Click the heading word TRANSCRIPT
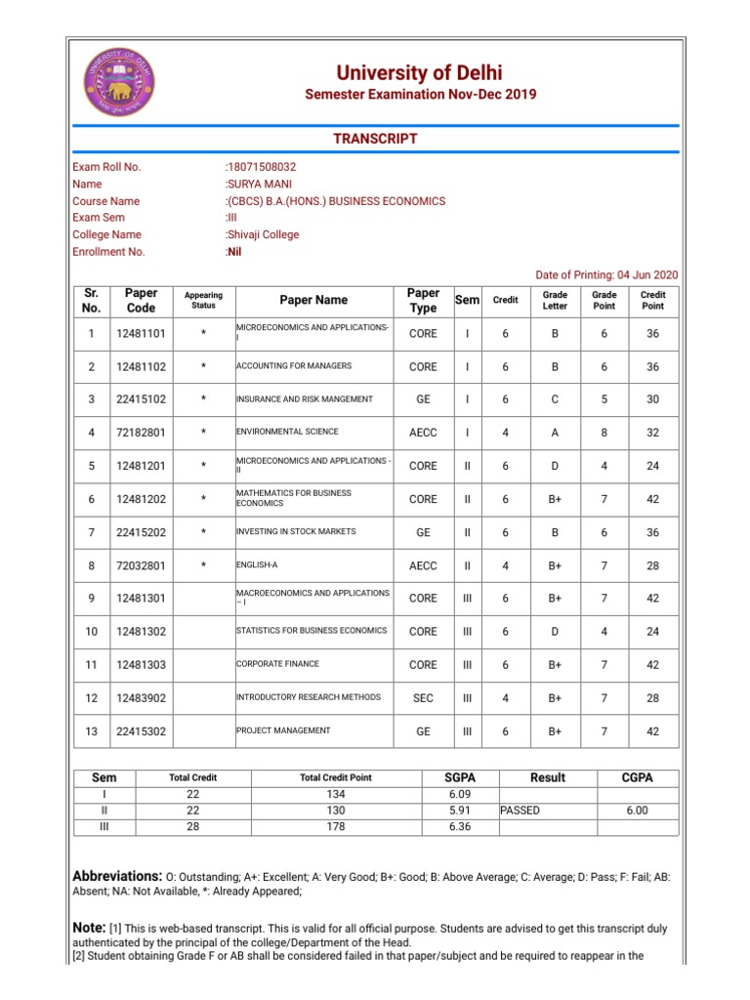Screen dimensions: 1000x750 click(375, 139)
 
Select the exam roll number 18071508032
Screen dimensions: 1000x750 click(261, 167)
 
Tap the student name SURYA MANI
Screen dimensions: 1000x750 click(259, 184)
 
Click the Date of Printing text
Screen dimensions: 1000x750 click(606, 275)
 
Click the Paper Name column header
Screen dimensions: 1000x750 click(312, 300)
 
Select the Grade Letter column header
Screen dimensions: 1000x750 click(554, 300)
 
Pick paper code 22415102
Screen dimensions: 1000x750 click(141, 399)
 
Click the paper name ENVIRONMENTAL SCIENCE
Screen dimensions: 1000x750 click(288, 431)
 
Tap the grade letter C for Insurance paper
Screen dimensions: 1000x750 click(554, 399)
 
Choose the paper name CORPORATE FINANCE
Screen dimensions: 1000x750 click(277, 663)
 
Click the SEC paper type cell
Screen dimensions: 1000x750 click(423, 698)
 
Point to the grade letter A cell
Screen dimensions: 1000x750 click(554, 433)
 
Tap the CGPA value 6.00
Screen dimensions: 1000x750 click(637, 811)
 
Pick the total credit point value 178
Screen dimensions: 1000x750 click(335, 827)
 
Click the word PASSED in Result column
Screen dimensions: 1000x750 click(520, 811)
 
